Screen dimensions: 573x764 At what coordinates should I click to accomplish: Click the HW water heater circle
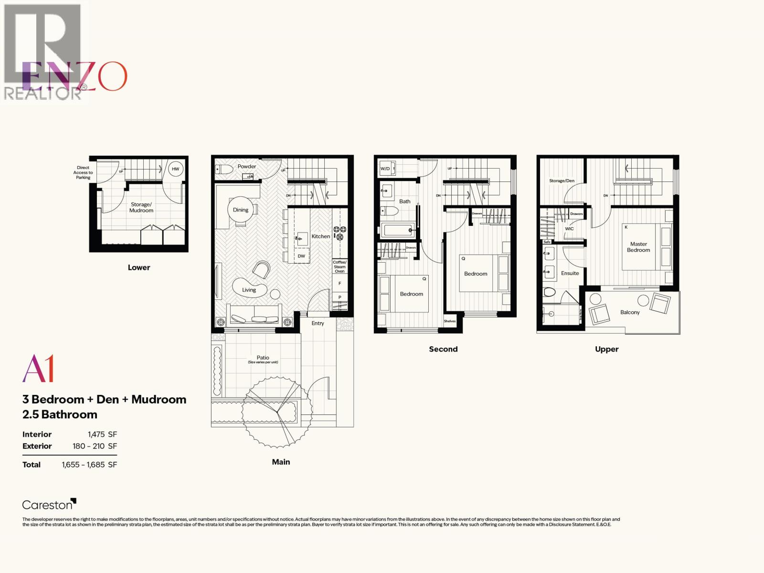point(176,169)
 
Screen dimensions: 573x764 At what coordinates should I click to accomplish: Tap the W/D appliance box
point(385,169)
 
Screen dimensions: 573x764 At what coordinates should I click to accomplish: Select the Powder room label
point(247,167)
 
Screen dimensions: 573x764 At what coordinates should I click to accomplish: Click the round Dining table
point(241,211)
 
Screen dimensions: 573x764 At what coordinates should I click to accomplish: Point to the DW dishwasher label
point(301,256)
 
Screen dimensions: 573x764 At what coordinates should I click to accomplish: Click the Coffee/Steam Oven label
point(340,266)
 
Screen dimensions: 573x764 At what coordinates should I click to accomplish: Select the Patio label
point(263,358)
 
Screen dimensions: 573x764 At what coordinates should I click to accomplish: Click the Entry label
point(318,323)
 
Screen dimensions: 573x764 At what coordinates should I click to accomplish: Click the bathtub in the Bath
point(397,231)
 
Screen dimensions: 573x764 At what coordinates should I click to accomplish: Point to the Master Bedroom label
point(638,247)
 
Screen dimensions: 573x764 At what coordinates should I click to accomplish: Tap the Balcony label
point(630,312)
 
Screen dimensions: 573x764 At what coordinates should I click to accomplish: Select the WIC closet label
point(569,229)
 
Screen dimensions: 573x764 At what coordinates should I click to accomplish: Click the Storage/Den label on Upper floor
point(562,181)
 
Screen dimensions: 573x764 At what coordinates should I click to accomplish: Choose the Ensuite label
point(570,273)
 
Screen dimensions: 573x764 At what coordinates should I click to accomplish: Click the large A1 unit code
point(38,369)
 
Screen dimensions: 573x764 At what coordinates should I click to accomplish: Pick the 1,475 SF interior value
point(102,435)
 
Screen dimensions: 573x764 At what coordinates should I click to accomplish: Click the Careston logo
point(49,504)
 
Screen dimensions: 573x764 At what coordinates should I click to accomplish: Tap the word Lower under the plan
point(139,267)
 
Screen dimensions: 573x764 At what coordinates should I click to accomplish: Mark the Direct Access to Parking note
point(83,172)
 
